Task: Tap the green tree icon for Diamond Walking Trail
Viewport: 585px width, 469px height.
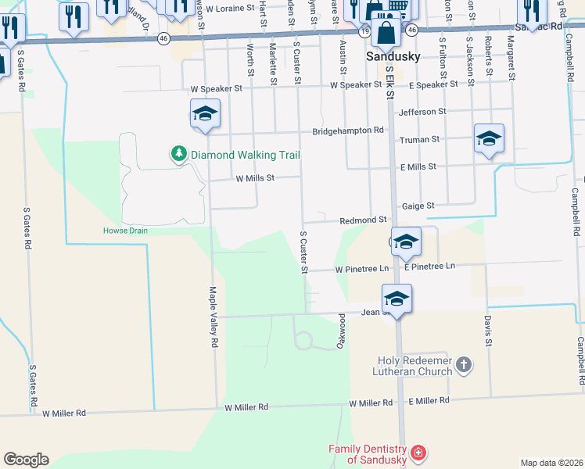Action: [179, 153]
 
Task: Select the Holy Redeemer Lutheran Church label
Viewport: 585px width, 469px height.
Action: [415, 366]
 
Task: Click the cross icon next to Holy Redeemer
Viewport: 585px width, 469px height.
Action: [464, 364]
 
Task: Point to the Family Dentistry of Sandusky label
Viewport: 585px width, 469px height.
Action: [368, 454]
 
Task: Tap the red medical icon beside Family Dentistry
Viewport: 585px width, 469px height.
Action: [418, 453]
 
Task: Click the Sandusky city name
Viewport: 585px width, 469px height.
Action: [393, 57]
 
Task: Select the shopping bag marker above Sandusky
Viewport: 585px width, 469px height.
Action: [386, 33]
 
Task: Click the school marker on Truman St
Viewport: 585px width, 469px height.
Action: [489, 139]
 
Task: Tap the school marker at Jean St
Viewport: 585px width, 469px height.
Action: [397, 299]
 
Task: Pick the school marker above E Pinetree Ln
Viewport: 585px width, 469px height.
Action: [406, 242]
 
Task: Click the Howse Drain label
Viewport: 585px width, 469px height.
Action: [125, 230]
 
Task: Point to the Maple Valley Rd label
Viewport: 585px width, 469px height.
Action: [213, 316]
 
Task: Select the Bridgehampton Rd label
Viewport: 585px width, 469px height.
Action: [349, 130]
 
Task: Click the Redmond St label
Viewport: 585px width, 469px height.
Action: [363, 220]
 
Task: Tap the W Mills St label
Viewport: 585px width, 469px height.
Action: [255, 178]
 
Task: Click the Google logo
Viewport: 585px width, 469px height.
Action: [26, 460]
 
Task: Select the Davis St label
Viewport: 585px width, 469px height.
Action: [487, 331]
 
